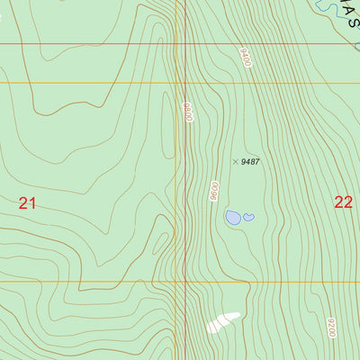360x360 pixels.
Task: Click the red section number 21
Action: [27, 203]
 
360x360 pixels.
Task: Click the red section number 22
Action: [343, 202]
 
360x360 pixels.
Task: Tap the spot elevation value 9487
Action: [251, 162]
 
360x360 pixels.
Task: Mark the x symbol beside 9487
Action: [236, 162]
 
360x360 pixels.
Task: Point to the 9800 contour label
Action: [188, 112]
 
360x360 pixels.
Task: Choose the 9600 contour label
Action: [214, 191]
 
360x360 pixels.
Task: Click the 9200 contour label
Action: [331, 328]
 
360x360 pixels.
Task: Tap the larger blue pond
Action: [233, 218]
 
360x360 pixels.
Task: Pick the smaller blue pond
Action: [248, 216]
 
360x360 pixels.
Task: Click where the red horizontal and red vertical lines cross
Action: [186, 43]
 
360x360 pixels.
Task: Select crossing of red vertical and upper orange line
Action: [186, 83]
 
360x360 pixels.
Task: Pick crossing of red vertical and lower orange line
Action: [186, 281]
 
